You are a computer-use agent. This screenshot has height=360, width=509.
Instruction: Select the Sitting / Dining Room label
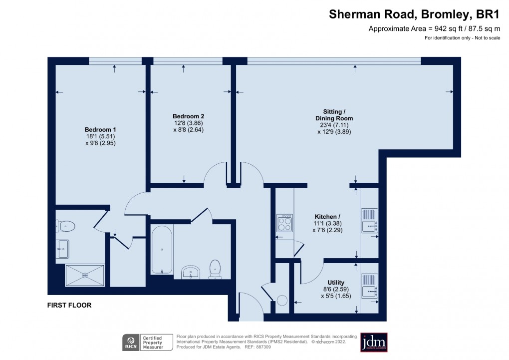[x=334, y=115]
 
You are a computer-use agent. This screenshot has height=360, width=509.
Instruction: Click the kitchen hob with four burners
[x=284, y=223]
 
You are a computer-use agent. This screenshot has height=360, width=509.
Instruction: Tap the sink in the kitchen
[x=369, y=220]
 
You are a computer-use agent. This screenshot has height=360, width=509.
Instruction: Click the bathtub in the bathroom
[x=162, y=249]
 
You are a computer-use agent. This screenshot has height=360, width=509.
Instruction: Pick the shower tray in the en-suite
[x=85, y=275]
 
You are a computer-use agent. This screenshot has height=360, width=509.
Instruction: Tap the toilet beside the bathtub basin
[x=215, y=268]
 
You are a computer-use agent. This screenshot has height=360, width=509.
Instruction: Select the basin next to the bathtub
[x=191, y=271]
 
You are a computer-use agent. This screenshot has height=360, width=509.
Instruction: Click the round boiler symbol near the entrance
[x=282, y=301]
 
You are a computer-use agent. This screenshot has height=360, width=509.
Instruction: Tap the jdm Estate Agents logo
[x=374, y=342]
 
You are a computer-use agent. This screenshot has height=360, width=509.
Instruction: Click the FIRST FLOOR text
[x=69, y=305]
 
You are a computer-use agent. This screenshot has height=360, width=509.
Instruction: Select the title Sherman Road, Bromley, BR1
[x=414, y=14]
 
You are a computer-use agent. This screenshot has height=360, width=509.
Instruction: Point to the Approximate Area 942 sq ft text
[x=434, y=28]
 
